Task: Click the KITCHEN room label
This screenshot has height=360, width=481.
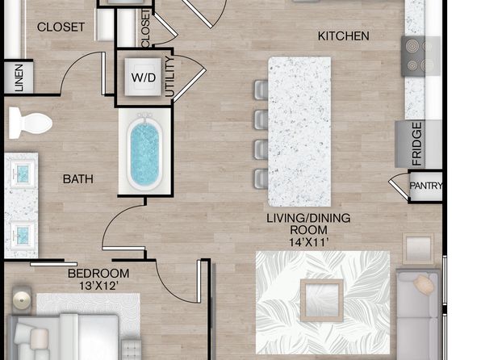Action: (x=343, y=36)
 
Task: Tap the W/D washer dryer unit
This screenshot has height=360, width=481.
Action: (x=143, y=77)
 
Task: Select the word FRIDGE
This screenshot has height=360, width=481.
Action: (x=416, y=144)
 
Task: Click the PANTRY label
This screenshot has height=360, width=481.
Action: (x=426, y=186)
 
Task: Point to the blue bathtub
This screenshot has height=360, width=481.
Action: (x=145, y=153)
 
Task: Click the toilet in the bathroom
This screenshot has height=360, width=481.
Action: (x=31, y=123)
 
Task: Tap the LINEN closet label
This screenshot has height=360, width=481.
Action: (x=19, y=77)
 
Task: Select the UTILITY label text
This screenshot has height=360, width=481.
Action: (x=169, y=77)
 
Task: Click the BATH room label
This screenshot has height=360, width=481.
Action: (x=78, y=179)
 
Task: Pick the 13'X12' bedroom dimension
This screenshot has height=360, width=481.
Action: (x=98, y=286)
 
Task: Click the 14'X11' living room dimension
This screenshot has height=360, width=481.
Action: (x=309, y=242)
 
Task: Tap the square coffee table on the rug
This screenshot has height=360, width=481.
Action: (x=321, y=300)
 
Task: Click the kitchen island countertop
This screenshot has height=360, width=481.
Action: (x=299, y=132)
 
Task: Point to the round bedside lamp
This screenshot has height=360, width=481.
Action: (x=22, y=299)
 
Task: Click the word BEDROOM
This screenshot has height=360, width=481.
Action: (x=98, y=273)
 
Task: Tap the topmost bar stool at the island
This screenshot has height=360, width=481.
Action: (x=261, y=90)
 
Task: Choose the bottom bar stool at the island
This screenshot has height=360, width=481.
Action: (x=261, y=179)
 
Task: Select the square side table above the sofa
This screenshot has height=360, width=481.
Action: (x=418, y=249)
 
